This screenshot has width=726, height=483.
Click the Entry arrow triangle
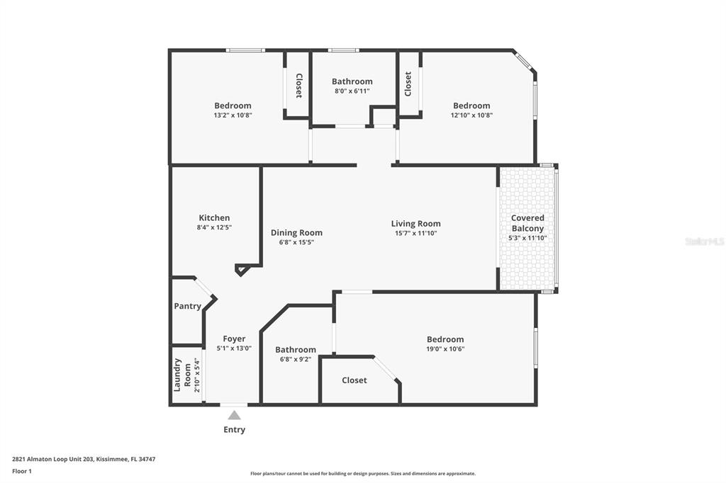234,415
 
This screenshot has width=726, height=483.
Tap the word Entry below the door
234,430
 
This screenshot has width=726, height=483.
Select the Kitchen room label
214,218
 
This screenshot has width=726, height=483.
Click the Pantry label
188,306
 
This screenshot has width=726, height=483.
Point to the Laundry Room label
183,374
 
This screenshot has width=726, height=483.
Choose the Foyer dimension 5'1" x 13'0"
234,348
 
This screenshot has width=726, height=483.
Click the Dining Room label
296,232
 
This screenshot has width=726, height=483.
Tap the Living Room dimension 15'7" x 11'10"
415,233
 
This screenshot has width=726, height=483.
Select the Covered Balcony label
527,223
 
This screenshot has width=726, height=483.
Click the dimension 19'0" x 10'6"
445,349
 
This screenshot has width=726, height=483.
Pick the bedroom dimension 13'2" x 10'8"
233,115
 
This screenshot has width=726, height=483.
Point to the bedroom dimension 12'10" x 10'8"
471,115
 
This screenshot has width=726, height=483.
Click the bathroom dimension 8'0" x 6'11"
352,91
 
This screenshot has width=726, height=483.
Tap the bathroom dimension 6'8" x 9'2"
296,359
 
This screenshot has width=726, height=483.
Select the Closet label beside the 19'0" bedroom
354,380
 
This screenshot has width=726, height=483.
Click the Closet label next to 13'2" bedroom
298,86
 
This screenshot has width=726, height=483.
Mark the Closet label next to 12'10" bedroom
408,84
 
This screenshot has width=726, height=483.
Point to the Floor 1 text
22,471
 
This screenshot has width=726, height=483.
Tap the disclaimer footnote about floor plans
362,474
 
